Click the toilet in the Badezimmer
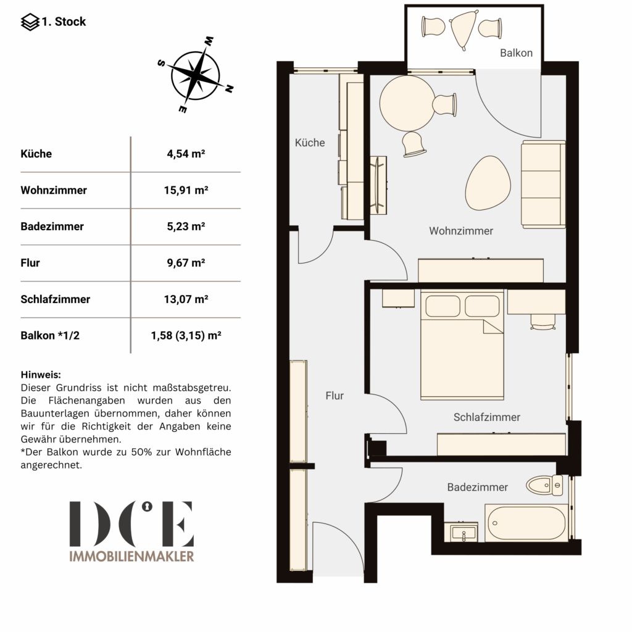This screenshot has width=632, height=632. [544, 485]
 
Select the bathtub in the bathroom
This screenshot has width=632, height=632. [526, 523]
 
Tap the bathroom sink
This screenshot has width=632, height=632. [461, 532]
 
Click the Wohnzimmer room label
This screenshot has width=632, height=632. [461, 231]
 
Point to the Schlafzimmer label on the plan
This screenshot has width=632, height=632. [487, 417]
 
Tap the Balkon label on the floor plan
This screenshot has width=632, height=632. [517, 53]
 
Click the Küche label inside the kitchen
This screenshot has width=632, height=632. [310, 143]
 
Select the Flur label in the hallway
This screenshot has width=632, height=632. [335, 396]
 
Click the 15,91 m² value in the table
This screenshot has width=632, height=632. [186, 190]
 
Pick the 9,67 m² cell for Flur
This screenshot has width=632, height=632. [186, 263]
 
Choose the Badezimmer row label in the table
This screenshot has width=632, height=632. [52, 227]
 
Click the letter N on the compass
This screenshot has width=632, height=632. [229, 89]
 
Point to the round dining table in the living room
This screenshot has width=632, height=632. [407, 103]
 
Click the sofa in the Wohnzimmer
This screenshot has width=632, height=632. [543, 184]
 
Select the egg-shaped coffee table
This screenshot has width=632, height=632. [488, 183]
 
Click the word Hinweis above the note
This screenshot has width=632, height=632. [41, 375]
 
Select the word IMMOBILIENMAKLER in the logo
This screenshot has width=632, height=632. [132, 556]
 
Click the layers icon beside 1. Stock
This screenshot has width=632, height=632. [30, 22]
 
